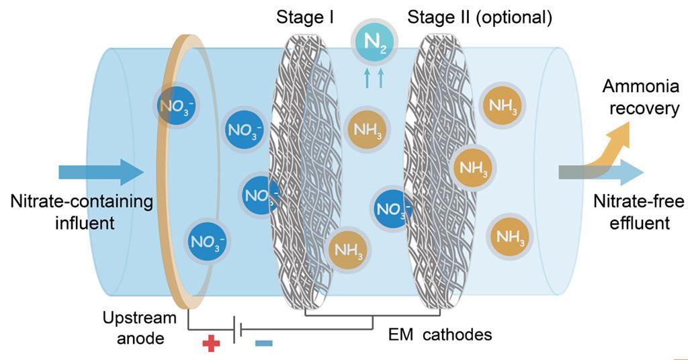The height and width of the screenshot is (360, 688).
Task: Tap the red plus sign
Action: (211, 344)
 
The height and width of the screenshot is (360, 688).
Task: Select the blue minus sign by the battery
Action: (264, 344)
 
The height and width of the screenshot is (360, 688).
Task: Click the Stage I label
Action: (305, 17)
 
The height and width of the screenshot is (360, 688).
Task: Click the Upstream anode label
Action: (140, 328)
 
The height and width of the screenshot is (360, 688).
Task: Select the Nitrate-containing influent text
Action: (81, 212)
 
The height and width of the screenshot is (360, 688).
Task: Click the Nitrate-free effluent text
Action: (638, 212)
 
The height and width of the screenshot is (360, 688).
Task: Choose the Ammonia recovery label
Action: (640, 97)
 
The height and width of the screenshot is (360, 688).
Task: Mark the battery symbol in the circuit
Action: (237, 329)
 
